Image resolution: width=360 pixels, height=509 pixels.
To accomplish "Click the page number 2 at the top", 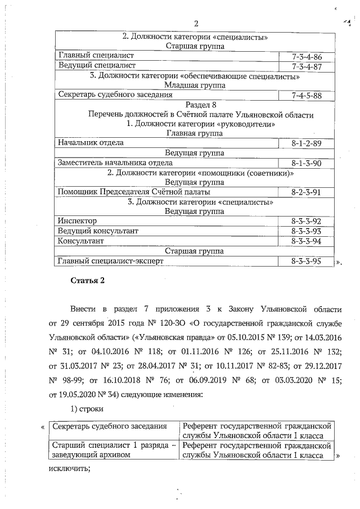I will tap(196, 23).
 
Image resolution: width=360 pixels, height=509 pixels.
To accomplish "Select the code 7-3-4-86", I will tap(307, 57).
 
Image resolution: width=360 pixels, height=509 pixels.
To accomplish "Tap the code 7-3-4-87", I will tap(307, 66).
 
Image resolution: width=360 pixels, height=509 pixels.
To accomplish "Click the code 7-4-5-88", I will tap(307, 95).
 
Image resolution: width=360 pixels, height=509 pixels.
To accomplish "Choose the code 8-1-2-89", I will tap(307, 143).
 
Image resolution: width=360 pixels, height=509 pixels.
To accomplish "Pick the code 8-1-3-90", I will tap(307, 163).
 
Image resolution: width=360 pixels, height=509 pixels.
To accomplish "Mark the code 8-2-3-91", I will tap(307, 192).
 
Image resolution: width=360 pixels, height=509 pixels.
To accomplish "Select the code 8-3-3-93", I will tap(307, 231).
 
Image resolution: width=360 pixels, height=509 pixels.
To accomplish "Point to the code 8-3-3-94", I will tap(307, 241).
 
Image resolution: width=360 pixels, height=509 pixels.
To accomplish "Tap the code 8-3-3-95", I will tap(307, 261).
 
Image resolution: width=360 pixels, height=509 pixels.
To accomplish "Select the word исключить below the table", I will tap(70, 470).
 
